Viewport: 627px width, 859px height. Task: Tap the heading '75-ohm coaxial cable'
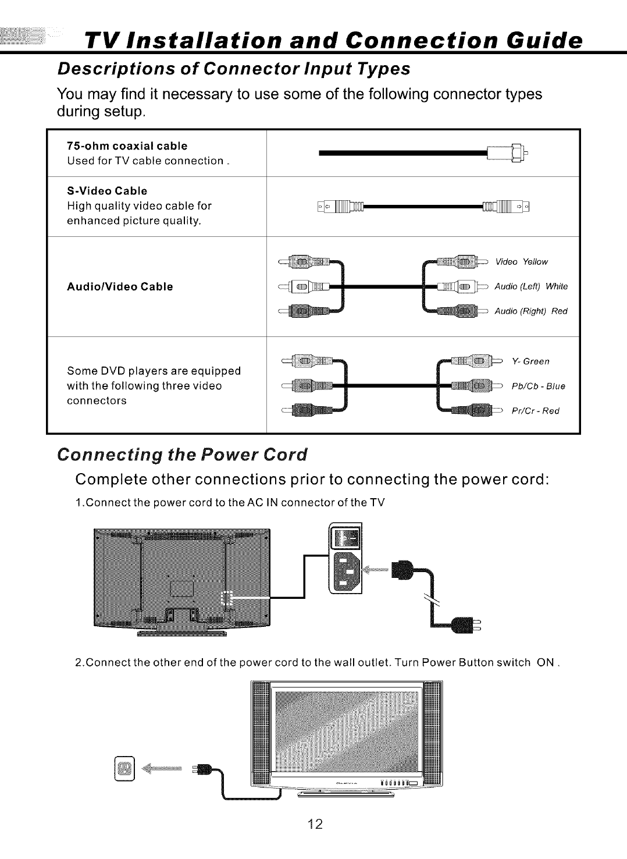tap(127, 145)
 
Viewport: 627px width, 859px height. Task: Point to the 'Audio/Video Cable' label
tap(120, 286)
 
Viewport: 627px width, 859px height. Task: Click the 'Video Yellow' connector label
tap(521, 261)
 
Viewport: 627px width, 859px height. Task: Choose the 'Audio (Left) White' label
tap(530, 286)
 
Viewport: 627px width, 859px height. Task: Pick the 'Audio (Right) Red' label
tap(530, 311)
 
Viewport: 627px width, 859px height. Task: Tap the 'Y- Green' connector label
tap(530, 361)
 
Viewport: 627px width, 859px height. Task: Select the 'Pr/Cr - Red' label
tap(535, 411)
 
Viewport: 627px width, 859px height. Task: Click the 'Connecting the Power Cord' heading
tap(181, 454)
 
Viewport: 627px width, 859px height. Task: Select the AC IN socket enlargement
tap(345, 559)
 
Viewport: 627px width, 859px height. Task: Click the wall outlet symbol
tap(125, 768)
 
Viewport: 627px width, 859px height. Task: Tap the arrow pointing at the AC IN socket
tap(376, 568)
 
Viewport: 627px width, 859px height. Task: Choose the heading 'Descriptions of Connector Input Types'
tap(234, 69)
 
